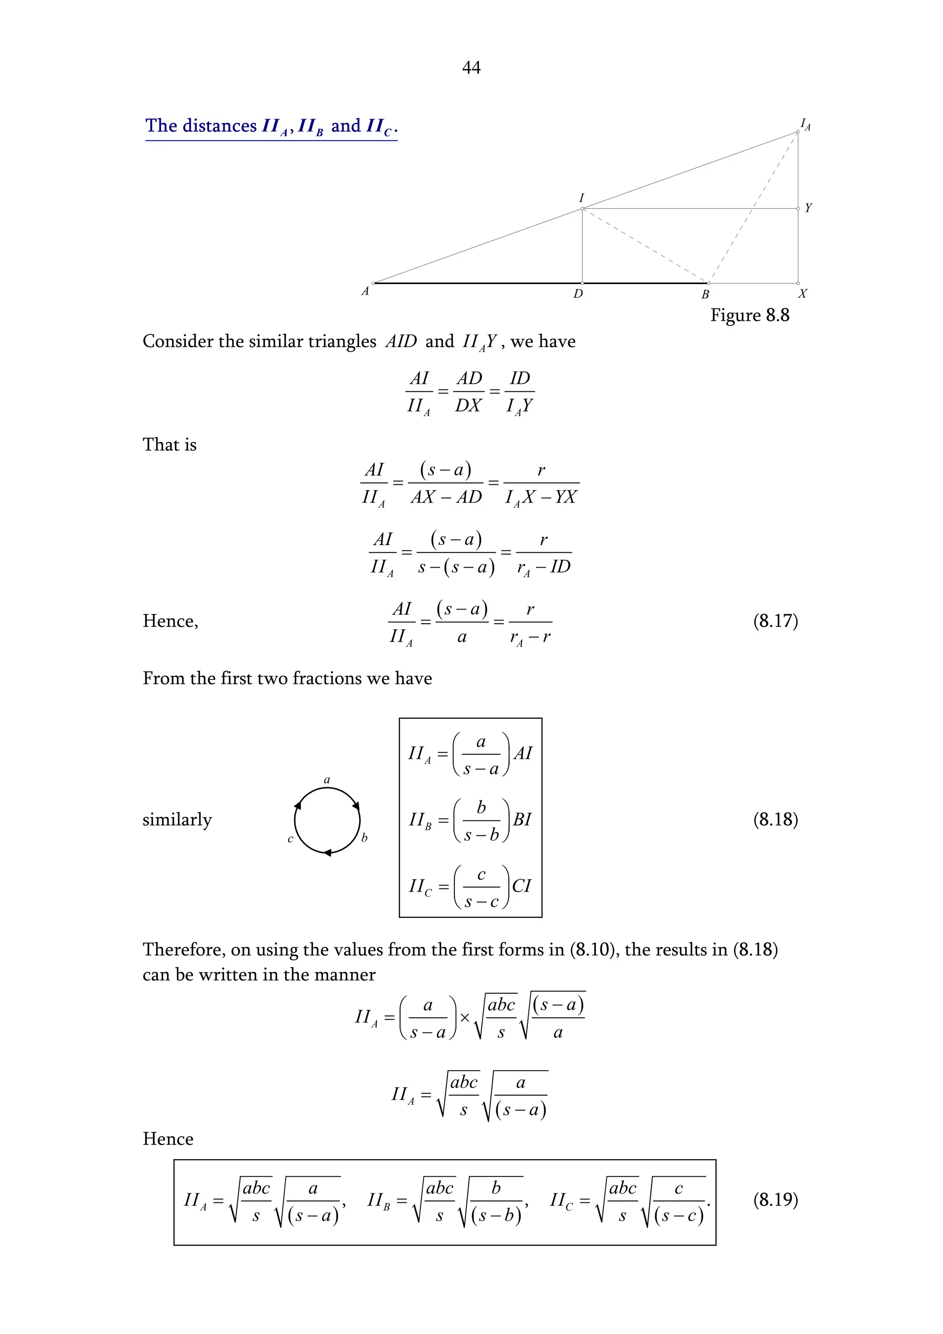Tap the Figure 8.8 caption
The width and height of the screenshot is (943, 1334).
point(749,315)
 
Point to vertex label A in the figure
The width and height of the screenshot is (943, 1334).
point(365,291)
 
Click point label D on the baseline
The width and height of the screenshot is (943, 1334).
point(577,294)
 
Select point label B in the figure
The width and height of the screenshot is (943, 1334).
point(705,294)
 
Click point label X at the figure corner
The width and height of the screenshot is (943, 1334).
point(802,294)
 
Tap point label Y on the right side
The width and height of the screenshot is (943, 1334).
point(808,208)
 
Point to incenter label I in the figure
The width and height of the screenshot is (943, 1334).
point(581,198)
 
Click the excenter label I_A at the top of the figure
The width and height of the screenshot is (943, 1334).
point(805,124)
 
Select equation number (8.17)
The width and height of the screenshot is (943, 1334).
point(775,621)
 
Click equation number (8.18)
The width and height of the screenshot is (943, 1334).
point(775,820)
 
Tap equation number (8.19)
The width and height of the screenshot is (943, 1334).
point(775,1200)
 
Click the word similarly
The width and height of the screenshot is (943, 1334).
point(177,820)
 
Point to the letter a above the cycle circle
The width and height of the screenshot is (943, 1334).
point(326,780)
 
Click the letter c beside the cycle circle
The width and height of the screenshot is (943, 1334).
point(291,839)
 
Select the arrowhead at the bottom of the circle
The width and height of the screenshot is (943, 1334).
point(327,853)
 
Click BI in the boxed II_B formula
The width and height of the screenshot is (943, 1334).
point(522,820)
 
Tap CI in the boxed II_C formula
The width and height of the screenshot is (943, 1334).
point(521,886)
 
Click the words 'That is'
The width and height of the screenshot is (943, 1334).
point(169,445)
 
